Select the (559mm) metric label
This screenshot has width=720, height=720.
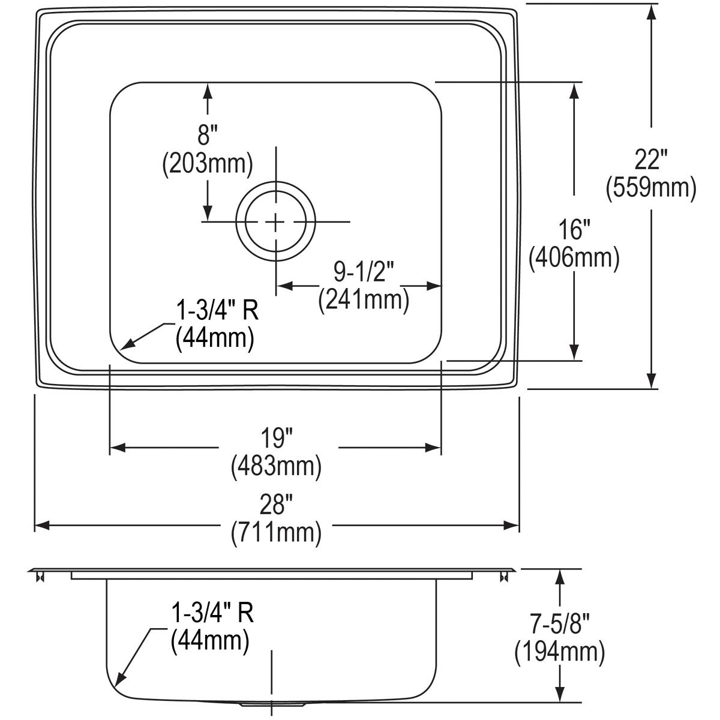(651, 188)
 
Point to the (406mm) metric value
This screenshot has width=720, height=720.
(574, 258)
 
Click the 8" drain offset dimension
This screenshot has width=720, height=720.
(207, 136)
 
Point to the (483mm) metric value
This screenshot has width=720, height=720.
(276, 466)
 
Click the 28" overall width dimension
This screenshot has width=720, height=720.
(276, 506)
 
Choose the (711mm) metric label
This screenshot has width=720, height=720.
(276, 533)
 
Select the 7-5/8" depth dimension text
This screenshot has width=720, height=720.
(559, 625)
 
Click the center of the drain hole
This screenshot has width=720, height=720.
(275, 222)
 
